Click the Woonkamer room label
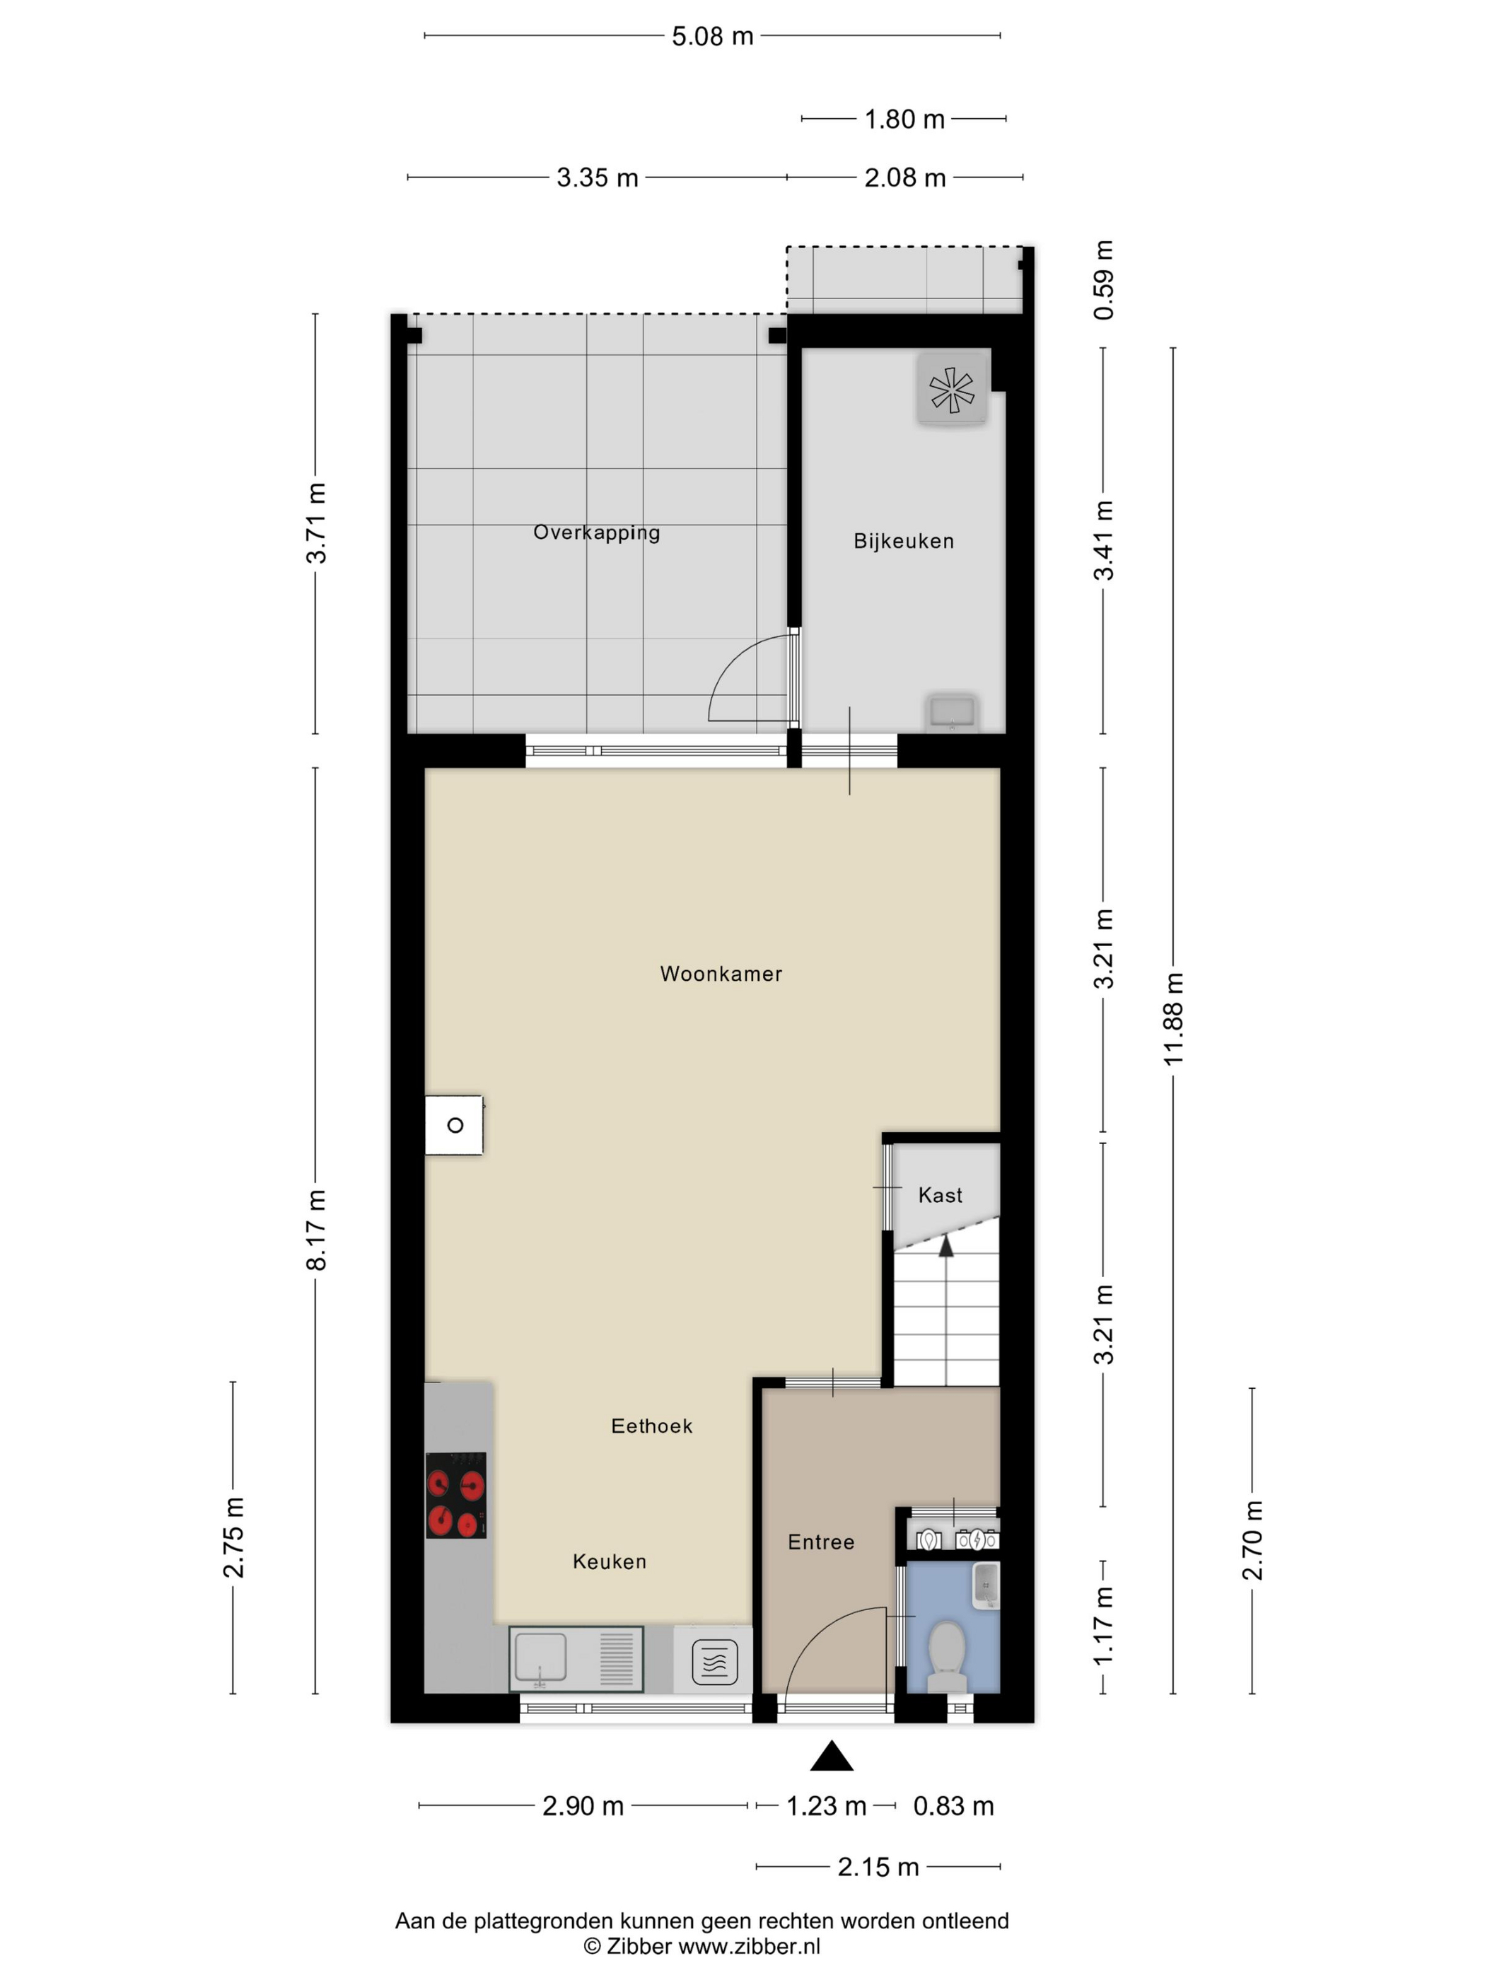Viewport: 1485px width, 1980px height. pos(721,974)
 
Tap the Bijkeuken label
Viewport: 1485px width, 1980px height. pos(903,541)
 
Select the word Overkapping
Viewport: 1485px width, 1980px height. pos(596,532)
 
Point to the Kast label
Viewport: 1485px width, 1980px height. pos(940,1195)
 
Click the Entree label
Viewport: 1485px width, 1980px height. pos(821,1542)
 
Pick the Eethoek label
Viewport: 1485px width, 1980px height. pos(652,1426)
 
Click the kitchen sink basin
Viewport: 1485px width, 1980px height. pos(541,1657)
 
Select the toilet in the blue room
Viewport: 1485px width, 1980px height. pos(947,1654)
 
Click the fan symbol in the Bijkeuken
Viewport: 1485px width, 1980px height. pos(952,390)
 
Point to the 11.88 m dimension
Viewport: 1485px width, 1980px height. pos(1173,1019)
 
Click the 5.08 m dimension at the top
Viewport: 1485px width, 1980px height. pos(713,36)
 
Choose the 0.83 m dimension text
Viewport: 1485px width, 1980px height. pos(953,1806)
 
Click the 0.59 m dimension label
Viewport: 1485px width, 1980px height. pos(1104,280)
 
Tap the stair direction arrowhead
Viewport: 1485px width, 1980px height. pos(945,1246)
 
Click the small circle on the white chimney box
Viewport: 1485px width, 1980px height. pos(455,1125)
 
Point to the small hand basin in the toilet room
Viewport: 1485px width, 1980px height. pos(986,1587)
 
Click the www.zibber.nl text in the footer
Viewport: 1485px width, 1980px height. pos(748,1946)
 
